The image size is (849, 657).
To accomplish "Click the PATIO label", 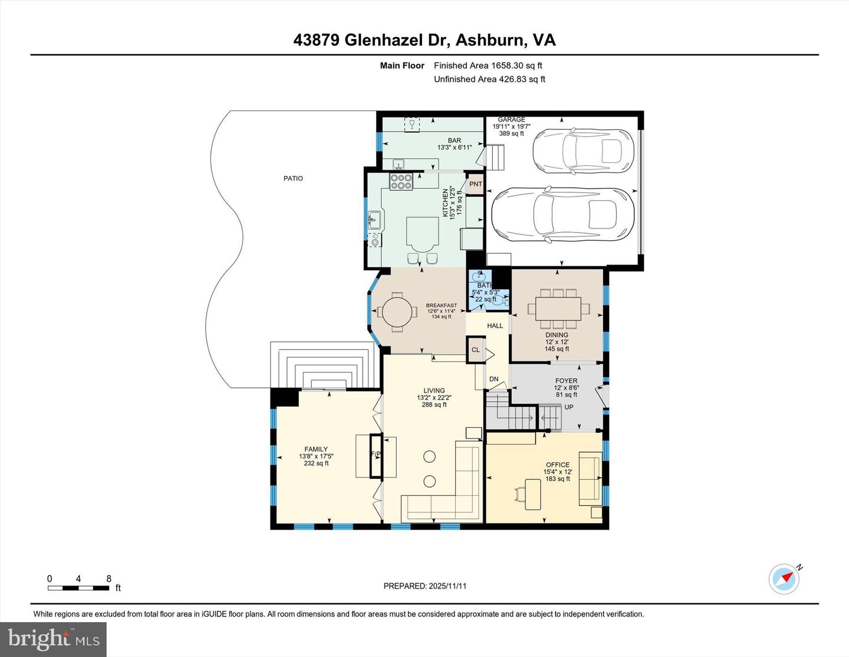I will (x=293, y=178).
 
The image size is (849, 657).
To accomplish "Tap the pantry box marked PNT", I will (x=475, y=184).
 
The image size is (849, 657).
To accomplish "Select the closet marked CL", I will (x=475, y=350).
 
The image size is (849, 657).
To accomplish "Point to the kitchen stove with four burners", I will (x=401, y=181).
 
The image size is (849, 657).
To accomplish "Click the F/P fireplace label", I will (x=376, y=455).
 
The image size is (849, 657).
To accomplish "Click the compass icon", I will (x=784, y=579).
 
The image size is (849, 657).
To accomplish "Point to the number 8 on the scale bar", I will (x=108, y=579).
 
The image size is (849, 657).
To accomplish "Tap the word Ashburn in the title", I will (x=491, y=40).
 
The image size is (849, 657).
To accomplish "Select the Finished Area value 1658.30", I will (x=507, y=66).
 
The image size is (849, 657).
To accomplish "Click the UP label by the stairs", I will (x=569, y=407).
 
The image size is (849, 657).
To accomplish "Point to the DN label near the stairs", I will (x=493, y=380).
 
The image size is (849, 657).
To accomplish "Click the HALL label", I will (x=495, y=326).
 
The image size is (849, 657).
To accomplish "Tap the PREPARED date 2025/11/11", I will (x=447, y=586).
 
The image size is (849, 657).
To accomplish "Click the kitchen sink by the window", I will (x=374, y=221).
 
